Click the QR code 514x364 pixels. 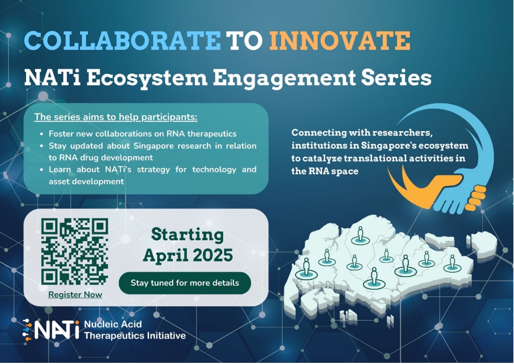point(75,251)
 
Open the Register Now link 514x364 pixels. point(75,295)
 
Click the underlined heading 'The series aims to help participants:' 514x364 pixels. point(116,117)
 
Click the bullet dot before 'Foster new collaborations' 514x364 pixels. point(42,134)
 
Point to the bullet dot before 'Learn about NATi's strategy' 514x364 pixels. point(42,170)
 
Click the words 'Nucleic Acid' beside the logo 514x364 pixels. point(113,324)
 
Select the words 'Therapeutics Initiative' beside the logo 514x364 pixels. point(135,336)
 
